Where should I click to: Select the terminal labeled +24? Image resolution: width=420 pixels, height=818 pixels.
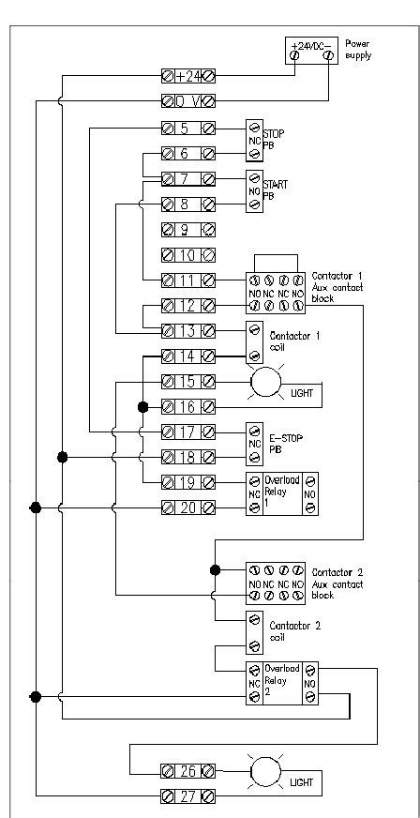pyautogui.click(x=188, y=76)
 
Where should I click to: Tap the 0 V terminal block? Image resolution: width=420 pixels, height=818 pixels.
pyautogui.click(x=188, y=100)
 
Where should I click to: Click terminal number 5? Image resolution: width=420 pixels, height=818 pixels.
pyautogui.click(x=188, y=128)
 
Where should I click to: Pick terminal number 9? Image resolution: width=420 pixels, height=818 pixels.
pyautogui.click(x=188, y=228)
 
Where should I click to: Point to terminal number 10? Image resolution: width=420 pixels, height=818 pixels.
pyautogui.click(x=188, y=254)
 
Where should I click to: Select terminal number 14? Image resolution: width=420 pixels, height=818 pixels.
pyautogui.click(x=188, y=356)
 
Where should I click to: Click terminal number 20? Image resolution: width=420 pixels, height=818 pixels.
pyautogui.click(x=188, y=507)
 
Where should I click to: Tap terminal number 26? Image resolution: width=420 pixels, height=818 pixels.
pyautogui.click(x=188, y=772)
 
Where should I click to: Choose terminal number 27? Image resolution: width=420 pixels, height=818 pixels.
pyautogui.click(x=188, y=797)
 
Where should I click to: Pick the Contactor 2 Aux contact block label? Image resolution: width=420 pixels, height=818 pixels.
pyautogui.click(x=337, y=583)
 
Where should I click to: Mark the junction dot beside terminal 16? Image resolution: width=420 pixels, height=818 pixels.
pyautogui.click(x=142, y=407)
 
